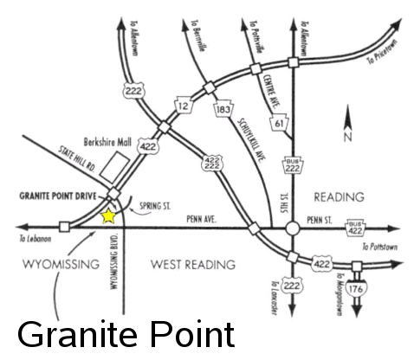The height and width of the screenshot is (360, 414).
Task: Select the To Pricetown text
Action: click(x=383, y=57)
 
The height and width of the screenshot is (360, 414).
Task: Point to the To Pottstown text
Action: click(x=383, y=247)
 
